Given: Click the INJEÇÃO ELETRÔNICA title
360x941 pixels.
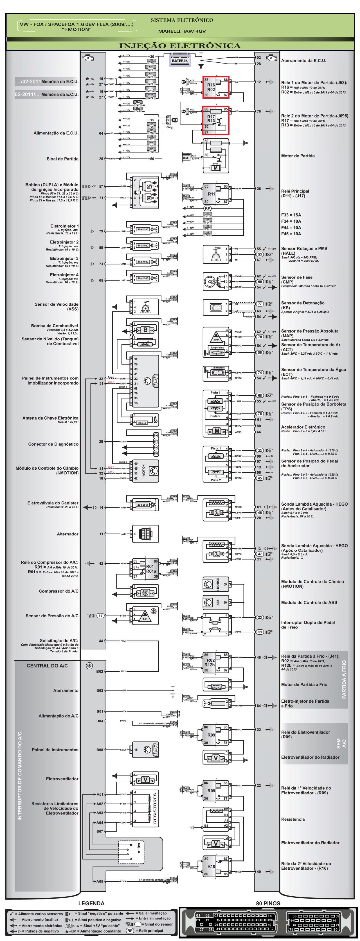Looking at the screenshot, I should coord(180,46).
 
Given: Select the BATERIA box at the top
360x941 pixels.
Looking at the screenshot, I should coord(179,61).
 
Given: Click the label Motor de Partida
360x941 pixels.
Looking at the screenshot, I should coord(298,156).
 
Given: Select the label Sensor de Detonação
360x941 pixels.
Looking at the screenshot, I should coord(303,303).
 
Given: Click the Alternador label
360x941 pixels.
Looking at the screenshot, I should coord(67,534).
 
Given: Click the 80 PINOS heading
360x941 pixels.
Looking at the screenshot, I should coord(268,903).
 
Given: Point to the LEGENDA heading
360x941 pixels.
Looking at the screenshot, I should coord(91,903).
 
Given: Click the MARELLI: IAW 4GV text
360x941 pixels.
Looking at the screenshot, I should coord(182,31).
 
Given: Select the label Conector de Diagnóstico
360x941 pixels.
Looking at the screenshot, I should coord(53,444).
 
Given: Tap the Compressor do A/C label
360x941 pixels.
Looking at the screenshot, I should coord(58,591).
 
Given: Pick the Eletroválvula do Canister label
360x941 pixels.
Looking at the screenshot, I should coord(53,503).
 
